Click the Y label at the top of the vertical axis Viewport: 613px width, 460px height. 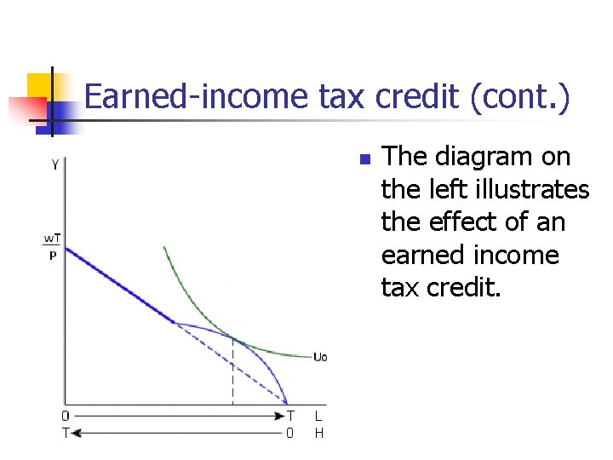click(55, 164)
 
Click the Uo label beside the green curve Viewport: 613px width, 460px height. click(319, 357)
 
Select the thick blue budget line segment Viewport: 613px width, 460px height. click(119, 285)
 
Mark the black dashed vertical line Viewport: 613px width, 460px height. click(232, 375)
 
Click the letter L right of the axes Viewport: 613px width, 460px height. click(318, 417)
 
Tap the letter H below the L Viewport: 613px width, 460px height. click(318, 433)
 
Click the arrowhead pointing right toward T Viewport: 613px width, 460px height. click(278, 417)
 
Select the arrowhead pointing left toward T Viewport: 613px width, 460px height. click(76, 433)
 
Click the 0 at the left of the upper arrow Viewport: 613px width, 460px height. click(66, 417)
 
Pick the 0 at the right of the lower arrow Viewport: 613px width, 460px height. click(289, 433)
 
